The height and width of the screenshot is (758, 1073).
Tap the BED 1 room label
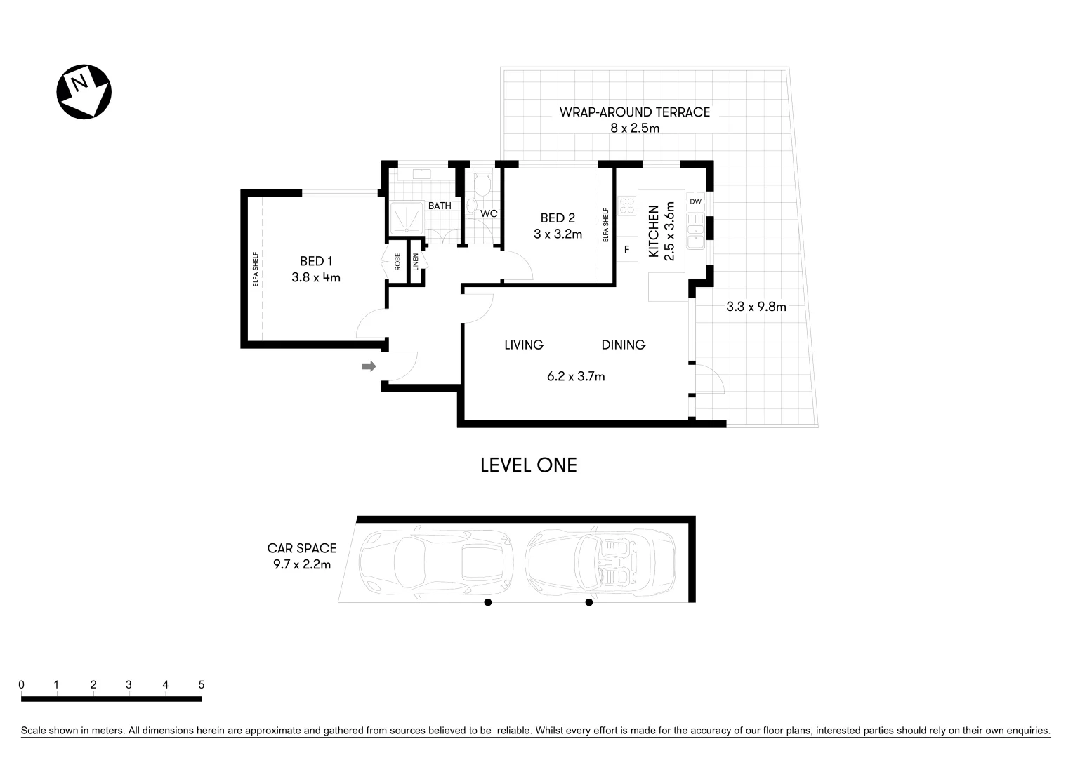(315, 261)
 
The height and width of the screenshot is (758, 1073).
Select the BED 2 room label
(558, 218)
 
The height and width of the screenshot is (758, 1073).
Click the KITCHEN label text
(653, 232)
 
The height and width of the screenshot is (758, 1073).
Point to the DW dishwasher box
(695, 202)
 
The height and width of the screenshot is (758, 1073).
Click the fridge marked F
(626, 249)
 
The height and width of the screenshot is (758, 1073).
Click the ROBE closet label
(397, 262)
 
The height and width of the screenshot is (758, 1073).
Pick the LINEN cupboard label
(416, 262)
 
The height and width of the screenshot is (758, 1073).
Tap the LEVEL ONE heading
(528, 465)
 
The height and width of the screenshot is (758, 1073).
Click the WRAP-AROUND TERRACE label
(634, 112)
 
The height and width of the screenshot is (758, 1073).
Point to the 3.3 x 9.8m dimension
(756, 307)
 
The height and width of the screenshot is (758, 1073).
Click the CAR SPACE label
(301, 548)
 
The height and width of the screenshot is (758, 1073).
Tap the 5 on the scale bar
(202, 685)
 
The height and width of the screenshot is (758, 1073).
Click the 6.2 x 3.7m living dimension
(576, 377)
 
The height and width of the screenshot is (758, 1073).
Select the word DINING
(623, 345)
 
